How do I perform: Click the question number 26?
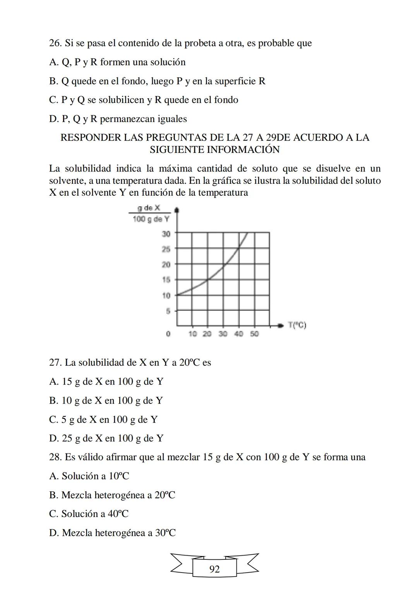55,43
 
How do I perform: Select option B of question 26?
157,81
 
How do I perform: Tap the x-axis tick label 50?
254,334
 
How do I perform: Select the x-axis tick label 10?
193,334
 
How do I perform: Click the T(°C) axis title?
297,325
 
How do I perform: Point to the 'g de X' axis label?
149,208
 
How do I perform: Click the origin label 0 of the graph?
168,334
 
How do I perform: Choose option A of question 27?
106,382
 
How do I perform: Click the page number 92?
214,569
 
